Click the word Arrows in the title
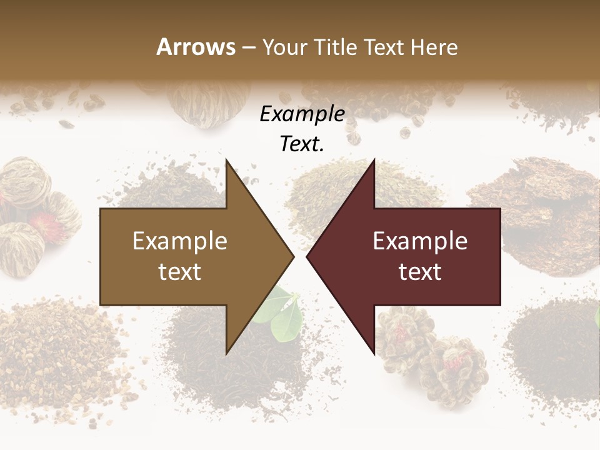point(196,47)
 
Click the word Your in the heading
point(285,47)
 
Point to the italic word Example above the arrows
point(302,114)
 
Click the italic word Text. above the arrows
point(302,144)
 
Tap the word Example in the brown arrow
point(180,241)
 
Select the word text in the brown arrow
point(180,271)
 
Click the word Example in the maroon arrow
point(420,241)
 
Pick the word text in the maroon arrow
point(420,271)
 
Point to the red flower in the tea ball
point(44,222)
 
